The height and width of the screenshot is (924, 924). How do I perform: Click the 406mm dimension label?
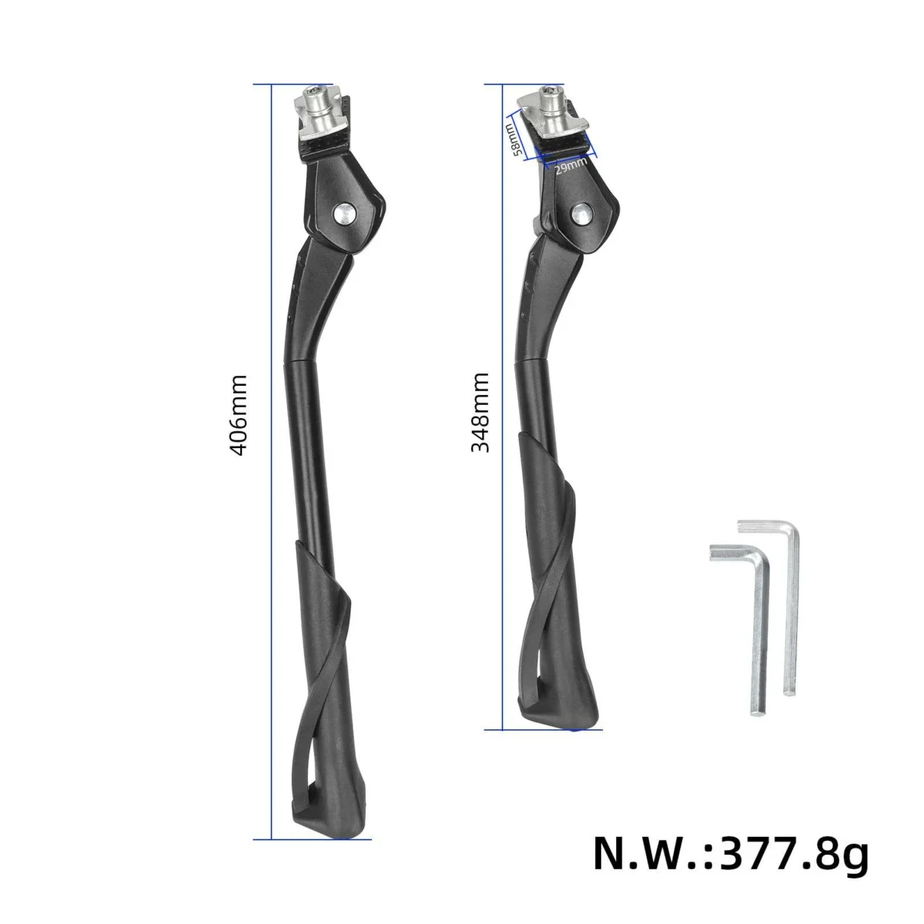tap(238, 415)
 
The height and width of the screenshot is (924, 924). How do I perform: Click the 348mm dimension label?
tap(480, 413)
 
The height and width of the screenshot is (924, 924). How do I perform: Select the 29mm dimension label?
tap(571, 166)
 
